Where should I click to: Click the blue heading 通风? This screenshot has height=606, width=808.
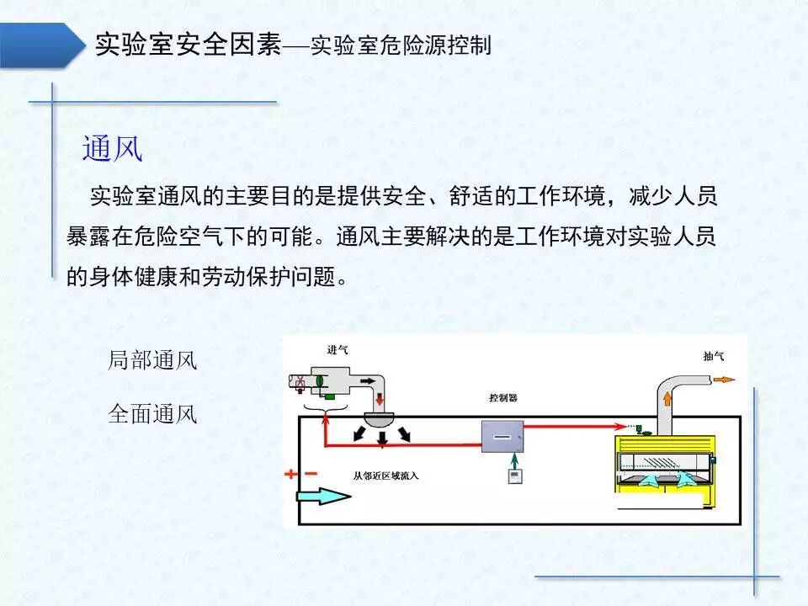coord(112,149)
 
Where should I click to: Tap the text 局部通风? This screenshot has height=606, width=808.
coord(152,361)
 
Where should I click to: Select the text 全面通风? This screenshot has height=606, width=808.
coord(152,414)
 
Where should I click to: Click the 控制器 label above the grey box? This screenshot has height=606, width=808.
coord(502,397)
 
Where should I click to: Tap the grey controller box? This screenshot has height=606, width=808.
coord(502,436)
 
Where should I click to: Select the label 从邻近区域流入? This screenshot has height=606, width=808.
coord(385,476)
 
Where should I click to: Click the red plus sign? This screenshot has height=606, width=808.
coord(290,474)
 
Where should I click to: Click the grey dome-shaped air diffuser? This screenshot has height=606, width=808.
coord(384,420)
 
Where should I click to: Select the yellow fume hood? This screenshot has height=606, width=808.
coord(664,463)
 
